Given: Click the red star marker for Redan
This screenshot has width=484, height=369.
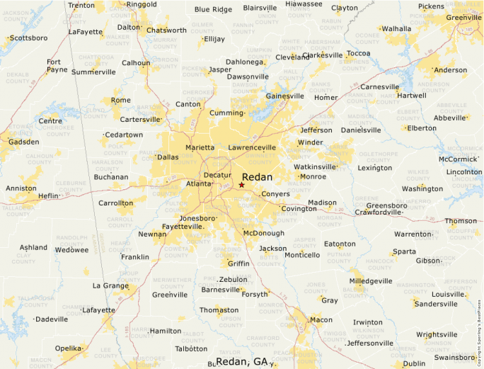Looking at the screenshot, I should [x=241, y=185].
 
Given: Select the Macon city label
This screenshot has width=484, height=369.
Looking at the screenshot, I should [x=321, y=319].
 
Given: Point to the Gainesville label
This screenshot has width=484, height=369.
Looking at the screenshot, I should [x=284, y=96].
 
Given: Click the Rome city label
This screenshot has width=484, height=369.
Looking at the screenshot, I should [x=120, y=100].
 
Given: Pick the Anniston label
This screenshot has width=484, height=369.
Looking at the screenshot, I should [x=21, y=188].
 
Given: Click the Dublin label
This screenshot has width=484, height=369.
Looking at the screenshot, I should [x=414, y=363].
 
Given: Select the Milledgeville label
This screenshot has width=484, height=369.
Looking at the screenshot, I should [x=370, y=280].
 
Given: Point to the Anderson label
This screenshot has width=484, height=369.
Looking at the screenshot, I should [x=450, y=70].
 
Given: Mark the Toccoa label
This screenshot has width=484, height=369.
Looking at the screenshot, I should [x=359, y=53].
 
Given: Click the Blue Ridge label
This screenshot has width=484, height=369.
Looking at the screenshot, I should [x=213, y=9].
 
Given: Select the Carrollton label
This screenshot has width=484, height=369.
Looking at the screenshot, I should [x=115, y=203].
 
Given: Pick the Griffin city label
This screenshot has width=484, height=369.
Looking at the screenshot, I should [x=238, y=263].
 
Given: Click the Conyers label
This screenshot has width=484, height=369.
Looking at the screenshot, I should [x=275, y=194].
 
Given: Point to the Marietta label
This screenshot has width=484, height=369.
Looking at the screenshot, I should [x=200, y=147].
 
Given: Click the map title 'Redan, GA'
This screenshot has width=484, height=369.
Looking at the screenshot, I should [x=241, y=361].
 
